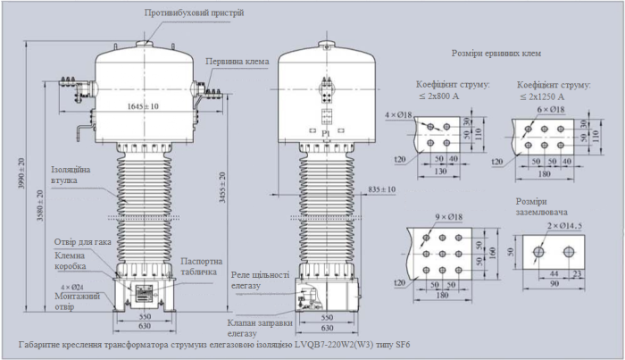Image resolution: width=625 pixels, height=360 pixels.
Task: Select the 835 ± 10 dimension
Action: coord(380,190)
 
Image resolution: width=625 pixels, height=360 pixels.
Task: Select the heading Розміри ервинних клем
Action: coord(496,54)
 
